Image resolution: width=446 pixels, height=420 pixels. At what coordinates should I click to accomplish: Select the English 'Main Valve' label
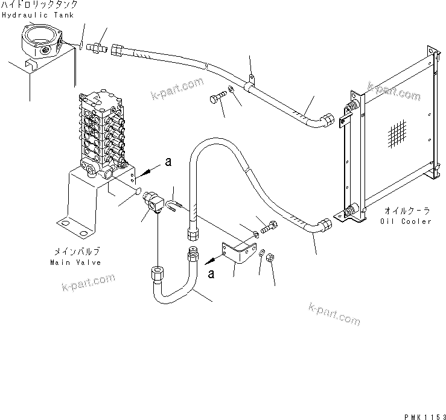[x=76, y=262]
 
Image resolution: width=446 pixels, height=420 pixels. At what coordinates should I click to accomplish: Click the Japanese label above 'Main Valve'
[x=76, y=252]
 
